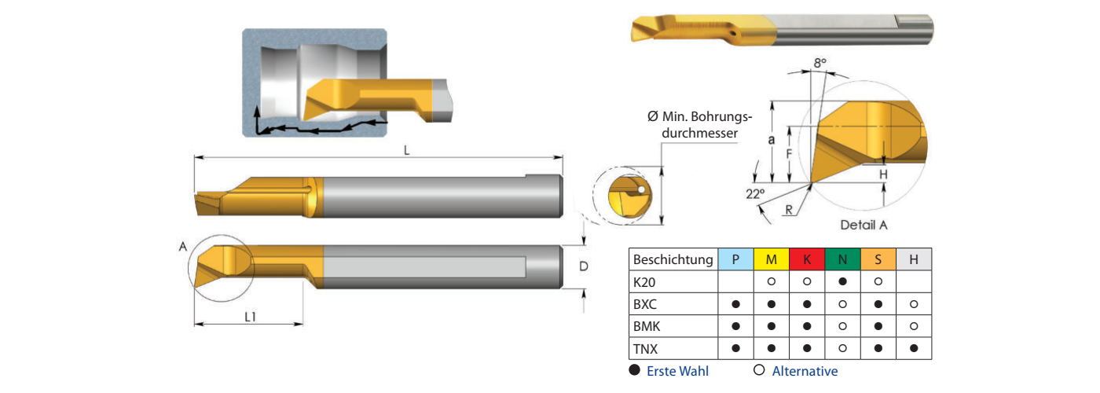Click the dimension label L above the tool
(406, 150)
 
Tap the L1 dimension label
(250, 317)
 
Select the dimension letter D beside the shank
(583, 267)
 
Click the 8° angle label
(820, 62)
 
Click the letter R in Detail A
(787, 209)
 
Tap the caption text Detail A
(863, 225)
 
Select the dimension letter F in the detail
(788, 154)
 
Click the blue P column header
(735, 259)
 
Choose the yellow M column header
(772, 259)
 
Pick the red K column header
(807, 259)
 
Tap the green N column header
(842, 259)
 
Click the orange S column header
(878, 259)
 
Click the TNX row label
(645, 347)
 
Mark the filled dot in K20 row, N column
(842, 281)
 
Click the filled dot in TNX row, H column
(914, 347)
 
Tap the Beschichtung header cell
(673, 259)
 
